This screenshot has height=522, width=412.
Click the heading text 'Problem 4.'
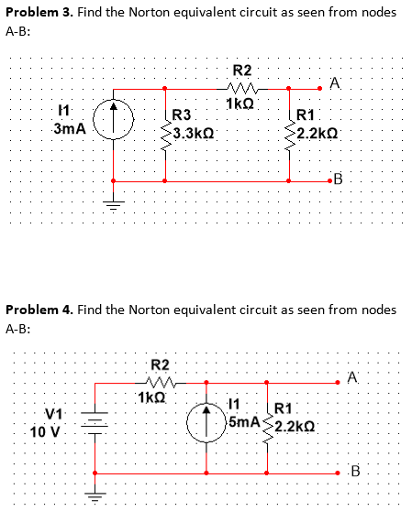coord(40,310)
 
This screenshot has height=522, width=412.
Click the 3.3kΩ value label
coord(194,132)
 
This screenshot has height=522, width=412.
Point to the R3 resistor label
coord(182,115)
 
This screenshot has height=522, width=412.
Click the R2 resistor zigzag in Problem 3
coord(241,89)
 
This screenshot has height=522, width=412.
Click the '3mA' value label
coord(70,130)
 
